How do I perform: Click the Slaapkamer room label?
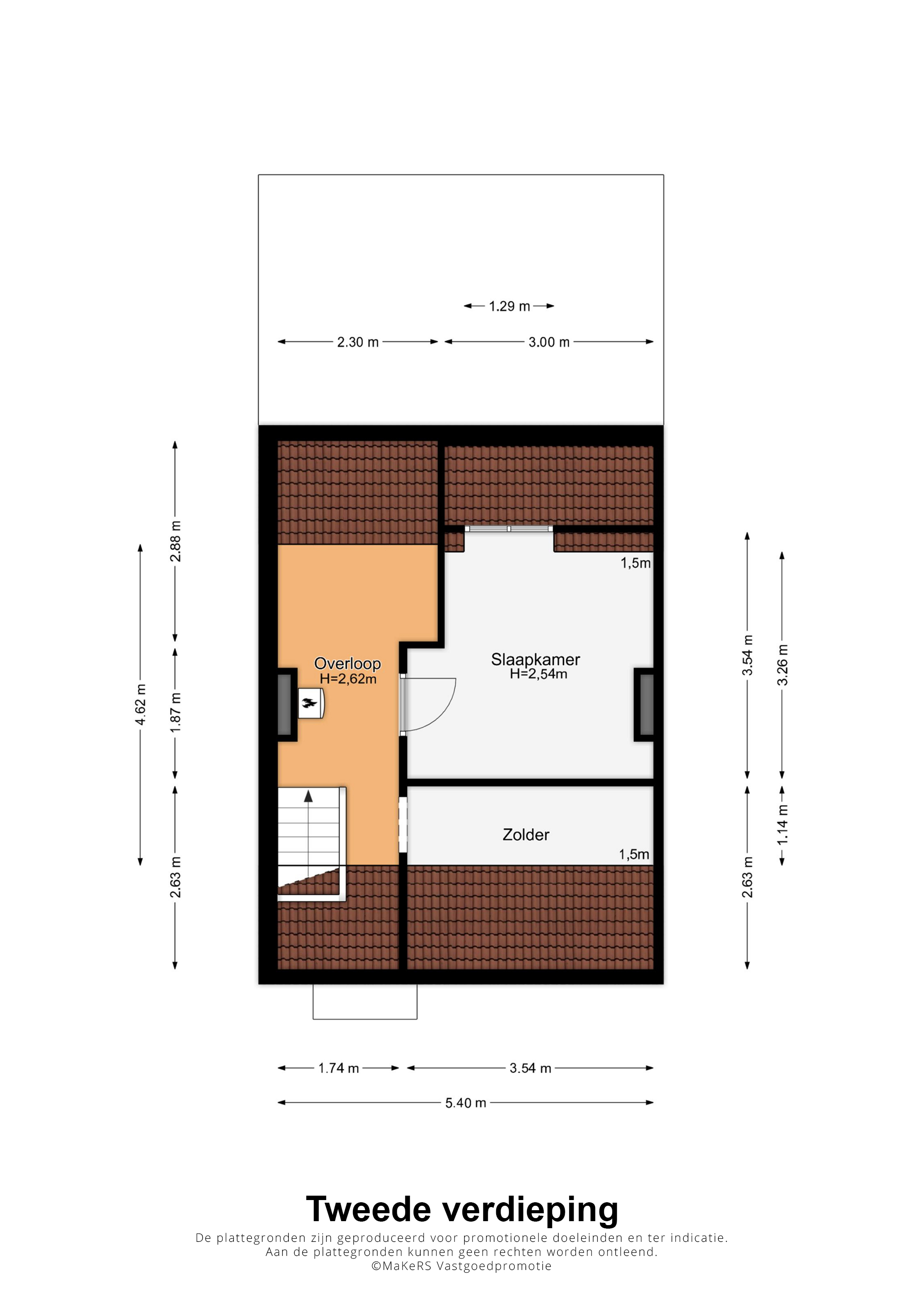click(x=535, y=660)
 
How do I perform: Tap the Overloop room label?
click(x=348, y=664)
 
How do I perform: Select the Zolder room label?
click(x=526, y=835)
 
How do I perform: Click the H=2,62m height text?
click(x=348, y=679)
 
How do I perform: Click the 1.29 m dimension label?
click(x=509, y=306)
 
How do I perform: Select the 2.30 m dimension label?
click(x=358, y=342)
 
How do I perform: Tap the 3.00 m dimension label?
click(x=549, y=342)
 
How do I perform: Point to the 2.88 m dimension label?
click(x=176, y=541)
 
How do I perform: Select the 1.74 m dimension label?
click(x=338, y=1069)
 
